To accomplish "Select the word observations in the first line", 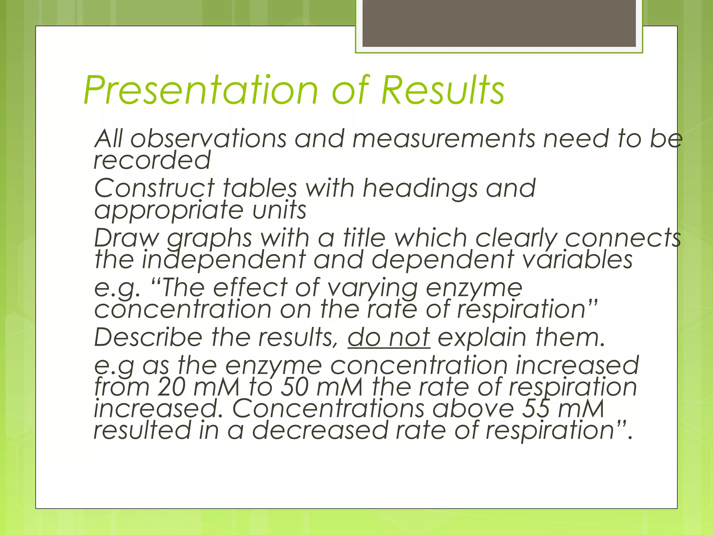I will pyautogui.click(x=208, y=139).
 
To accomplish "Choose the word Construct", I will pyautogui.click(x=154, y=188).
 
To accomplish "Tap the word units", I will pyautogui.click(x=279, y=210).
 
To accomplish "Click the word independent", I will pyautogui.click(x=223, y=260).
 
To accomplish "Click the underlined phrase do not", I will pyautogui.click(x=389, y=338).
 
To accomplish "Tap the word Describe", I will pyautogui.click(x=148, y=338).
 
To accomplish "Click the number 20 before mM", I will pyautogui.click(x=171, y=387).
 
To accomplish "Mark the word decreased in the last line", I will pyautogui.click(x=320, y=431).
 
